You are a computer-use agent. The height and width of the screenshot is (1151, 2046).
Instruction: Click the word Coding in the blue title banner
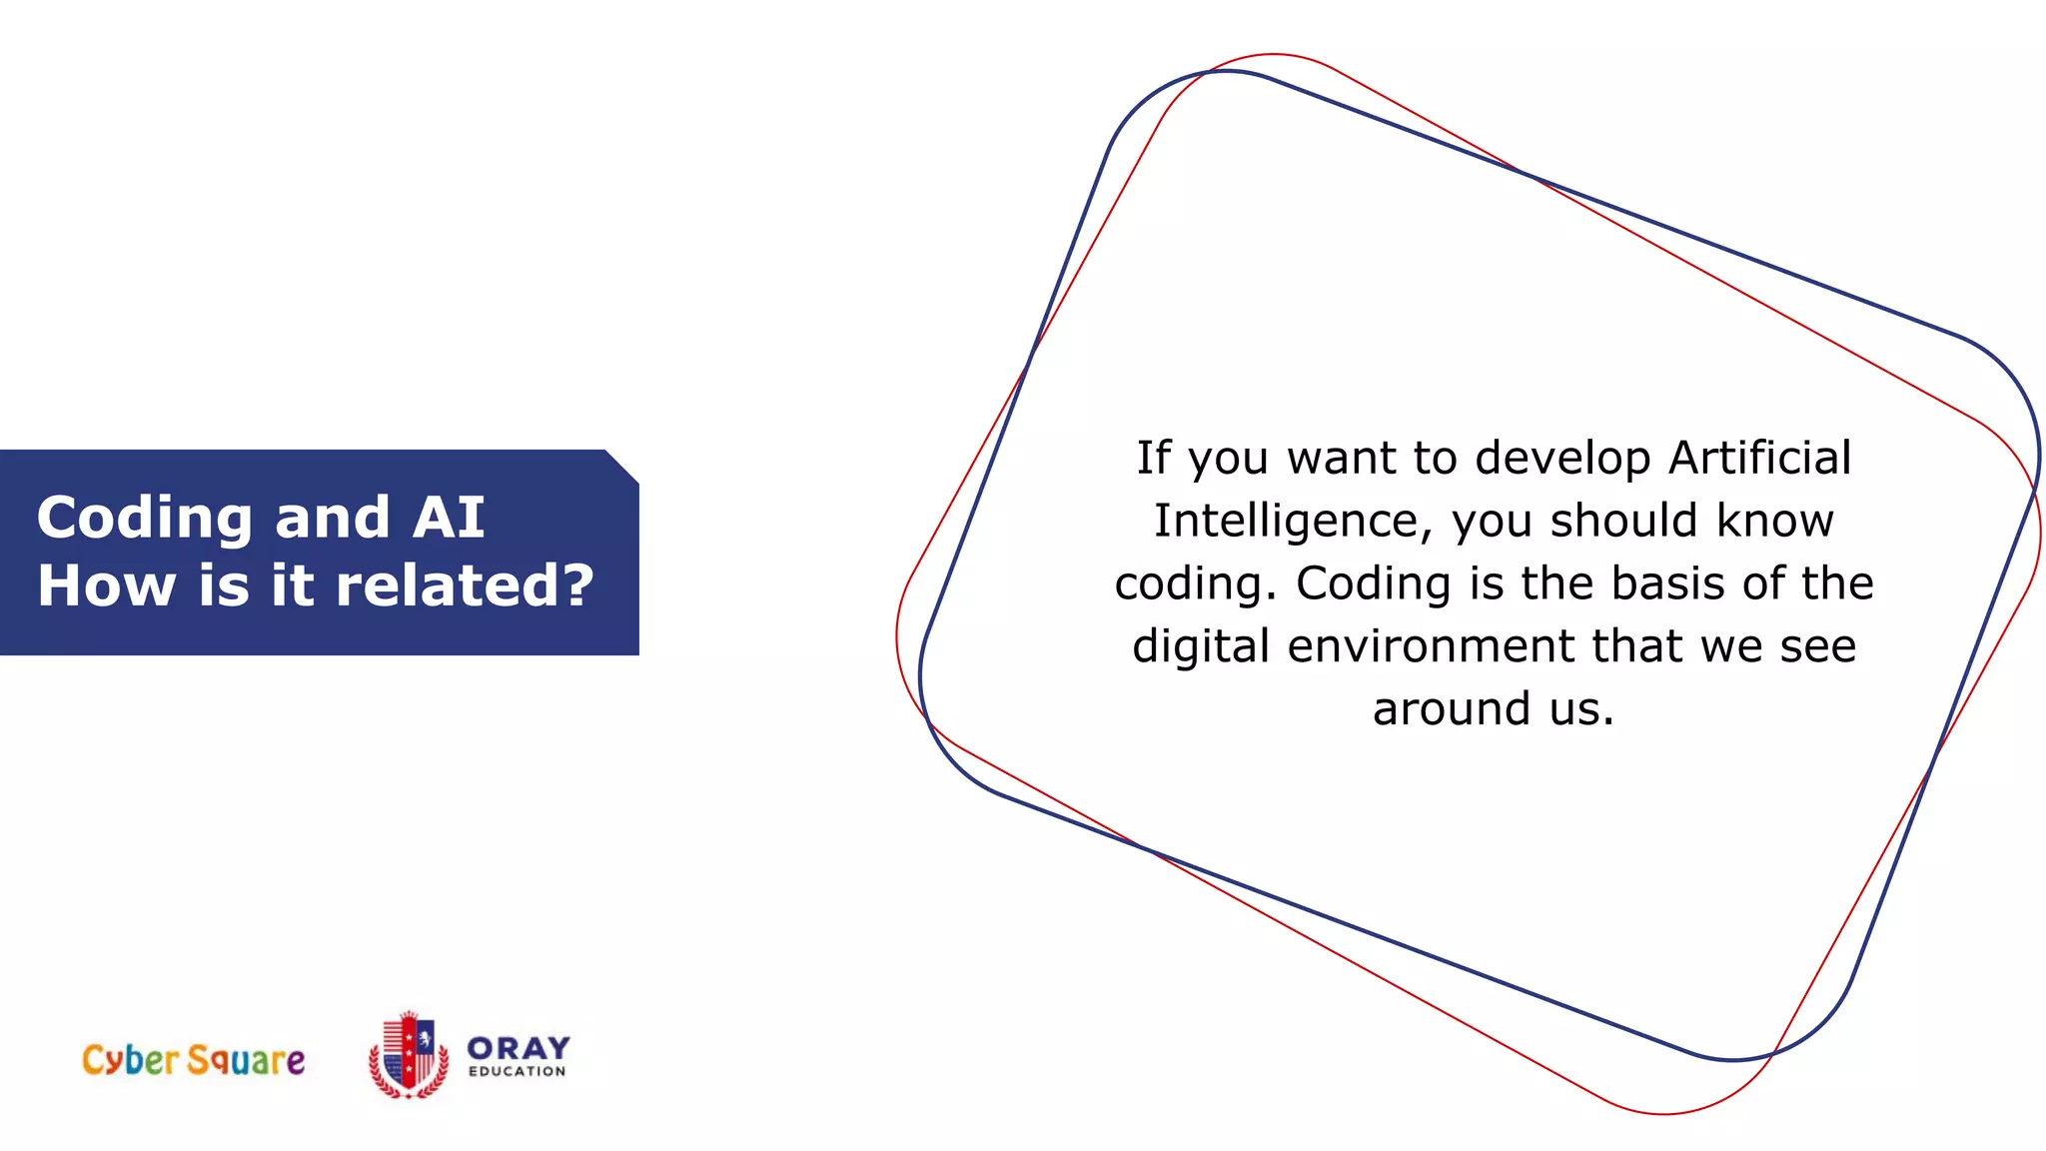coord(144,519)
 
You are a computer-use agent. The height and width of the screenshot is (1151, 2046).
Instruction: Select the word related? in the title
coord(465,585)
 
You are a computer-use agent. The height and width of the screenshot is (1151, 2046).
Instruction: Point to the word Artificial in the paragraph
coord(1759,458)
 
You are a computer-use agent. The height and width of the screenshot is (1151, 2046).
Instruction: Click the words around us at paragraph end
coord(1493,709)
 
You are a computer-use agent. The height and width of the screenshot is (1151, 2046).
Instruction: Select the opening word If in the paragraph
coord(1152,458)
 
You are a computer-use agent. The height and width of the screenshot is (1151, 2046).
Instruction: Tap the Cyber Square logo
coord(193,1059)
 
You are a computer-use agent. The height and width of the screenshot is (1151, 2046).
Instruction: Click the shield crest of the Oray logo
coord(409,1055)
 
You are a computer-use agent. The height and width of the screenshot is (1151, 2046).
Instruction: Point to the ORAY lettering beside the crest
coord(517,1047)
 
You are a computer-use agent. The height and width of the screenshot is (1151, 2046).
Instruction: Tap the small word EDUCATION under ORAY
coord(516,1071)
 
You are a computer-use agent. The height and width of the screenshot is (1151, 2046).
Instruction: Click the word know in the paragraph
coord(1774,521)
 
